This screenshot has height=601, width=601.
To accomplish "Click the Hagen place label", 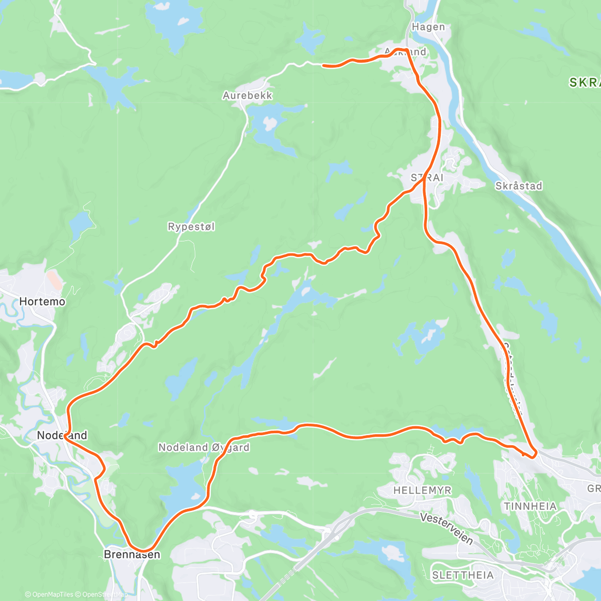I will pos(428,27).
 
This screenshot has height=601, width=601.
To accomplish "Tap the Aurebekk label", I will pos(247,95).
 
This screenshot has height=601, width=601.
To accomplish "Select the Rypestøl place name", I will pos(191,227).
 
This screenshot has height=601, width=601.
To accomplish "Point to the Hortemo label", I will pos(42,302).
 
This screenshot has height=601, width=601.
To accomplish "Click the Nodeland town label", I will pos(62,435).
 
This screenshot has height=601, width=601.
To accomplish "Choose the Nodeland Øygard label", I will pos(204,447).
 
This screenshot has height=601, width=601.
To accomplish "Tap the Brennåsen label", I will pos(132,554).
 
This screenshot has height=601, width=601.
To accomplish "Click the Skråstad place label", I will pos(518,186).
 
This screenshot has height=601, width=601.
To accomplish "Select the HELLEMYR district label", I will pos(422,490).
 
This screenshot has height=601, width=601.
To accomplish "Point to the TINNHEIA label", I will pos(530,506).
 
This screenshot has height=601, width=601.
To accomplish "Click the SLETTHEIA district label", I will pos(463,575).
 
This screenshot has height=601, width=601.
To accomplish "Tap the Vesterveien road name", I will pos(447,528).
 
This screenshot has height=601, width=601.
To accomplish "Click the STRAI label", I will pos(427,178).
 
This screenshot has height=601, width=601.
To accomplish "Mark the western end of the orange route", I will pos(323,65).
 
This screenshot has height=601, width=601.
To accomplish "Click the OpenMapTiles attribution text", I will pos(49,595).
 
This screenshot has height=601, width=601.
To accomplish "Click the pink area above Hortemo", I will pos(55,279).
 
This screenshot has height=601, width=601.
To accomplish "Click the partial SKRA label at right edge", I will pos(585,83).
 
